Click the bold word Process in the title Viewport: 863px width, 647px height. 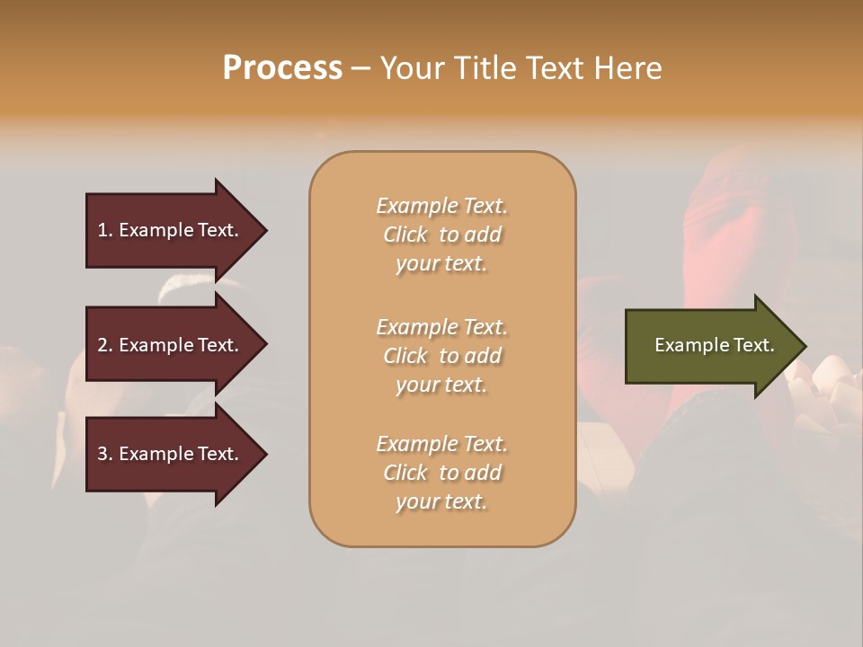coord(282,68)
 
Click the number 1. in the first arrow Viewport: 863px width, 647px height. coord(105,230)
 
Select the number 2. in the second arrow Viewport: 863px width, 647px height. coord(105,345)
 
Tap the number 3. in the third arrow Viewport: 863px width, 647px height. coord(105,454)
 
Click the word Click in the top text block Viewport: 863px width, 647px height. coord(405,235)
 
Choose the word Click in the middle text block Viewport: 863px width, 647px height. coord(405,356)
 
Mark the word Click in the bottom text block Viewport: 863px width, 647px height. coord(405,473)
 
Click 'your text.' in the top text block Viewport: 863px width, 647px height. coord(441,264)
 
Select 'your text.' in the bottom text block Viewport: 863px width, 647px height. coord(441,502)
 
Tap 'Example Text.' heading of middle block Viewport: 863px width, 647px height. coord(441,327)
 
